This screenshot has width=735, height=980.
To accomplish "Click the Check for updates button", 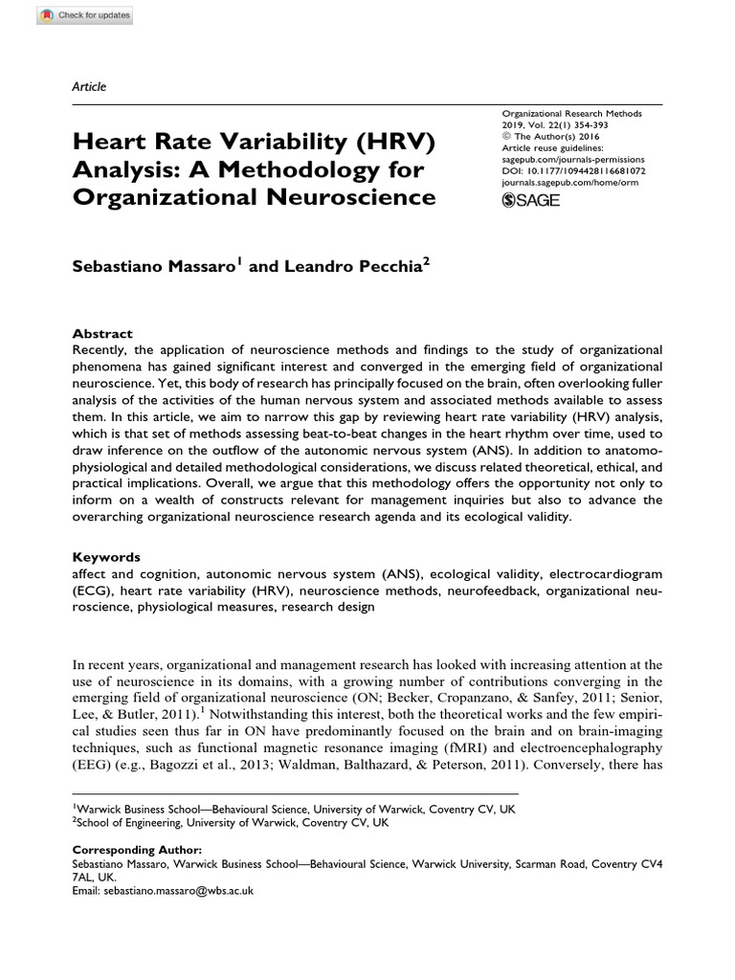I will pyautogui.click(x=68, y=16).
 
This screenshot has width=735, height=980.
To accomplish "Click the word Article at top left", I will pyautogui.click(x=89, y=86).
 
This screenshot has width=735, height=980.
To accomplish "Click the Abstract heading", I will pyautogui.click(x=102, y=333).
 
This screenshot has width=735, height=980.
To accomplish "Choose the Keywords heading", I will pyautogui.click(x=106, y=556).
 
